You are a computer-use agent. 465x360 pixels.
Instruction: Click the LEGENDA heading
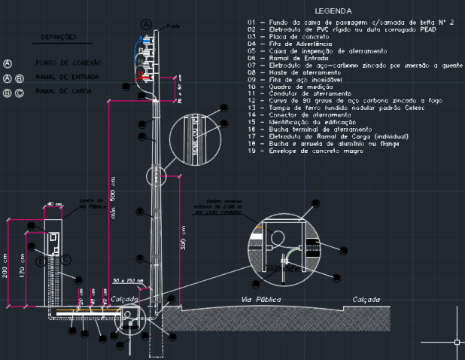pyautogui.click(x=333, y=11)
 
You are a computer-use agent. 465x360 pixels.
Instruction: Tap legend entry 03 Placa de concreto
pyautogui.click(x=294, y=37)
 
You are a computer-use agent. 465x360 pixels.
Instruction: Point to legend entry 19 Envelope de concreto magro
pyautogui.click(x=310, y=151)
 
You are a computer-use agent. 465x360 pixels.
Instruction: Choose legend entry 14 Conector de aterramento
pyautogui.click(x=304, y=114)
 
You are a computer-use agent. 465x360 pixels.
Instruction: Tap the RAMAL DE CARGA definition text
pyautogui.click(x=63, y=92)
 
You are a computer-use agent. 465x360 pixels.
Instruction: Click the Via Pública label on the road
pyautogui.click(x=260, y=300)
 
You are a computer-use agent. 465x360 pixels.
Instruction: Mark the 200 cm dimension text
pyautogui.click(x=7, y=268)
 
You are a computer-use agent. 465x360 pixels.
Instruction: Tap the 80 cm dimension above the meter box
pyautogui.click(x=52, y=204)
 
